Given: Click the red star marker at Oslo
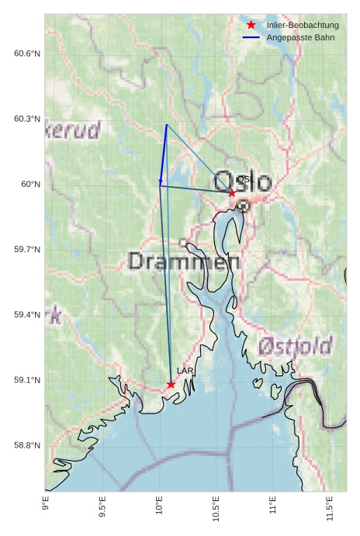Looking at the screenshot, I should point(232,192).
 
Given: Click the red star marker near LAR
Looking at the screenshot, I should point(171,384).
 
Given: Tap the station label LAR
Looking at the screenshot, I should point(185,372).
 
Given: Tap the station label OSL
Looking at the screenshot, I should point(244,179).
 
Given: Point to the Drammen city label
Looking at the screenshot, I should point(184,261).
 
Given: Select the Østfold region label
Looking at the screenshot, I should point(295,345).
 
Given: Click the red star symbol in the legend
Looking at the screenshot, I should point(251,26).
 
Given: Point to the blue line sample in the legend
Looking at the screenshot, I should point(251,37).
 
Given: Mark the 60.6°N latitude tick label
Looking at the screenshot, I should point(27,54).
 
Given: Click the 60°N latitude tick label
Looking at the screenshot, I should point(30,184).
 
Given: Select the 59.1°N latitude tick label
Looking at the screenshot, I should point(27,380).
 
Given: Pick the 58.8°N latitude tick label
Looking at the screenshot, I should point(27,445).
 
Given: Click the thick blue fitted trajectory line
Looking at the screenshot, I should point(163,155).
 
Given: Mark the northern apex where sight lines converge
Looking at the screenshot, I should point(166,125).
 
